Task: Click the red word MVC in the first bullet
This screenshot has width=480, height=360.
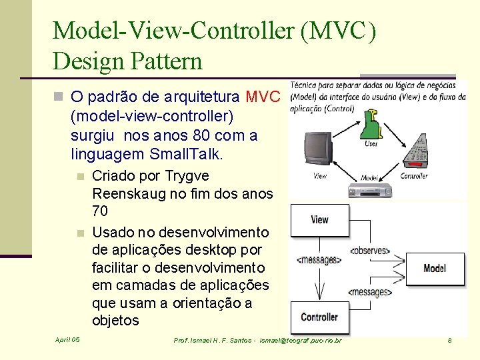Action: (263, 98)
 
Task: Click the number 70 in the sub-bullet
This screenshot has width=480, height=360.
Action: (99, 211)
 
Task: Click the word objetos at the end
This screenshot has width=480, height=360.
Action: (115, 321)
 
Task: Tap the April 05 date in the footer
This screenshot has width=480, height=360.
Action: (67, 340)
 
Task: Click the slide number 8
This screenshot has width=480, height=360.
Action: (449, 340)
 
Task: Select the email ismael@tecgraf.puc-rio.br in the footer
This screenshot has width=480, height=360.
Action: (301, 341)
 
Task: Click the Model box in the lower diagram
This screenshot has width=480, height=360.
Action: (435, 268)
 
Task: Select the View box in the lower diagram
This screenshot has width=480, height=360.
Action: (319, 219)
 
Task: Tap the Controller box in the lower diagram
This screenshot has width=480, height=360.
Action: (319, 317)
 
